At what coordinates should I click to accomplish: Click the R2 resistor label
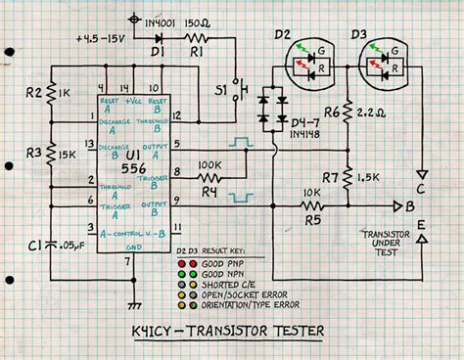pyautogui.click(x=33, y=95)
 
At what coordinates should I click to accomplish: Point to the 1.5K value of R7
pyautogui.click(x=368, y=178)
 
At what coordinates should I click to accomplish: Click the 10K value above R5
pyautogui.click(x=313, y=194)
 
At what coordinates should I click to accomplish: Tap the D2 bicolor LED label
pyautogui.click(x=282, y=36)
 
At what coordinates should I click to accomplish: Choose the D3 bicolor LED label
pyautogui.click(x=367, y=36)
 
